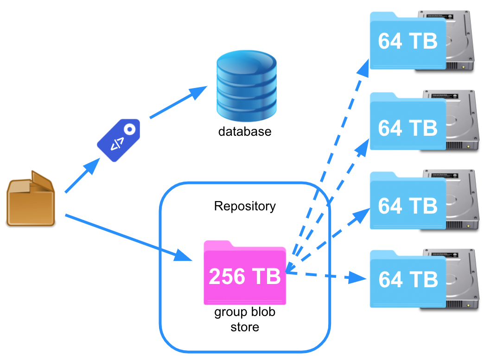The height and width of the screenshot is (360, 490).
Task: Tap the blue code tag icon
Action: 118,140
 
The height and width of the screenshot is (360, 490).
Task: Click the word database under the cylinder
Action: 245,132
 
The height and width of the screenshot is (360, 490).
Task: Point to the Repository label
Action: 245,206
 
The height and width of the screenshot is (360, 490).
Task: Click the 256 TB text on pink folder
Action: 245,276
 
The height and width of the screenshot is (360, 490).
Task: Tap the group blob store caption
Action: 245,319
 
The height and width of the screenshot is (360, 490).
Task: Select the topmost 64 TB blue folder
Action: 407,42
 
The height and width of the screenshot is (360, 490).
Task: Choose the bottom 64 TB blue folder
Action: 407,279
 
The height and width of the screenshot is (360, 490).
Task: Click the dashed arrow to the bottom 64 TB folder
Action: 325,276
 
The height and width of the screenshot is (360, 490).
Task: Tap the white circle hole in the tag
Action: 130,129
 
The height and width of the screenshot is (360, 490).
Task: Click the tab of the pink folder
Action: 218,245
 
